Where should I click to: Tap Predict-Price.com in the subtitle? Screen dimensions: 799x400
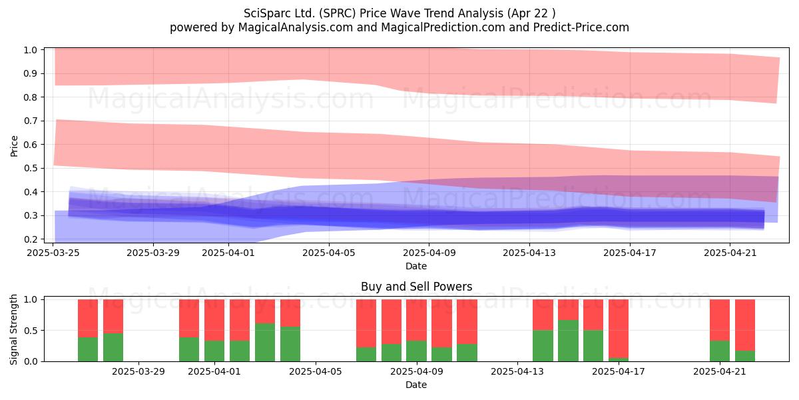pos(581,27)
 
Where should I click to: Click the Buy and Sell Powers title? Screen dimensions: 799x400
pos(416,287)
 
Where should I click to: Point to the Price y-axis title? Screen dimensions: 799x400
pos(14,146)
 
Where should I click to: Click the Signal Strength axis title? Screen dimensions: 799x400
pos(13,329)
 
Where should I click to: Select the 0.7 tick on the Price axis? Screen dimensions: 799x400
pos(31,121)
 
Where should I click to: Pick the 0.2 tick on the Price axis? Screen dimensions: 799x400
pos(31,239)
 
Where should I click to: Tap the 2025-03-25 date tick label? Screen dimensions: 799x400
pos(53,253)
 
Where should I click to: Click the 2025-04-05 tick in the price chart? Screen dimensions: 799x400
pos(329,253)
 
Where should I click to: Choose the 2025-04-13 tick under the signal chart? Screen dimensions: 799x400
pos(517,371)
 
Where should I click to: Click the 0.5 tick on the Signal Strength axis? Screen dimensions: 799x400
pos(31,331)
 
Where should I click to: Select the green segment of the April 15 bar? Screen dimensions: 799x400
pos(568,341)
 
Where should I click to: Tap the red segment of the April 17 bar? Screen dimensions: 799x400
pos(619,329)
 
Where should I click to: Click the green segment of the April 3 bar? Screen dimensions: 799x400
pos(265,342)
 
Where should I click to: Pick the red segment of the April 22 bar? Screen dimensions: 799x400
pos(745,325)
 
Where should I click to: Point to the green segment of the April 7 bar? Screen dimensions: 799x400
pos(366,354)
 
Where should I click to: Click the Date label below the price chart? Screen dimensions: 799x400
pos(416,266)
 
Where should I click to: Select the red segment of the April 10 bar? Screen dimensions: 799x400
pos(441,323)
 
